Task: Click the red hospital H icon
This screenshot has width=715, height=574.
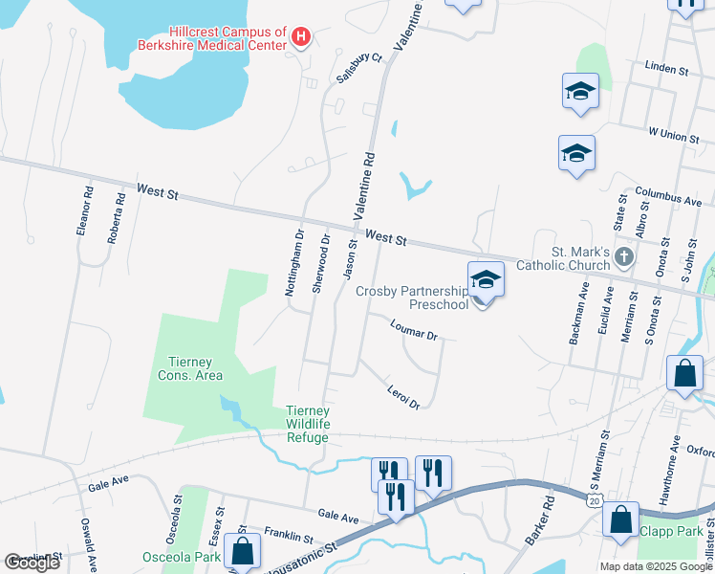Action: pyautogui.click(x=302, y=37)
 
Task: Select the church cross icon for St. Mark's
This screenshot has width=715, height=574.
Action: pyautogui.click(x=624, y=256)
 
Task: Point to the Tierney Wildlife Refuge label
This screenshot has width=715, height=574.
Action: pyautogui.click(x=308, y=425)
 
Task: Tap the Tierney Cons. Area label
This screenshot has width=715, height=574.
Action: pyautogui.click(x=195, y=368)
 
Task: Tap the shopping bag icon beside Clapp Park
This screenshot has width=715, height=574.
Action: pyautogui.click(x=621, y=520)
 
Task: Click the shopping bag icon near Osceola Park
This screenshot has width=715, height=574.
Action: pyautogui.click(x=243, y=551)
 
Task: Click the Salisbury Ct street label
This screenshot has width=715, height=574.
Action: pyautogui.click(x=359, y=69)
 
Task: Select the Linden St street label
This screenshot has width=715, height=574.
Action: pyautogui.click(x=667, y=69)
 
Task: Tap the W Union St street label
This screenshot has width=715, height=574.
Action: pyautogui.click(x=673, y=135)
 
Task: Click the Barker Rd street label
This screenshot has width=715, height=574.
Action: pyautogui.click(x=540, y=520)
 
